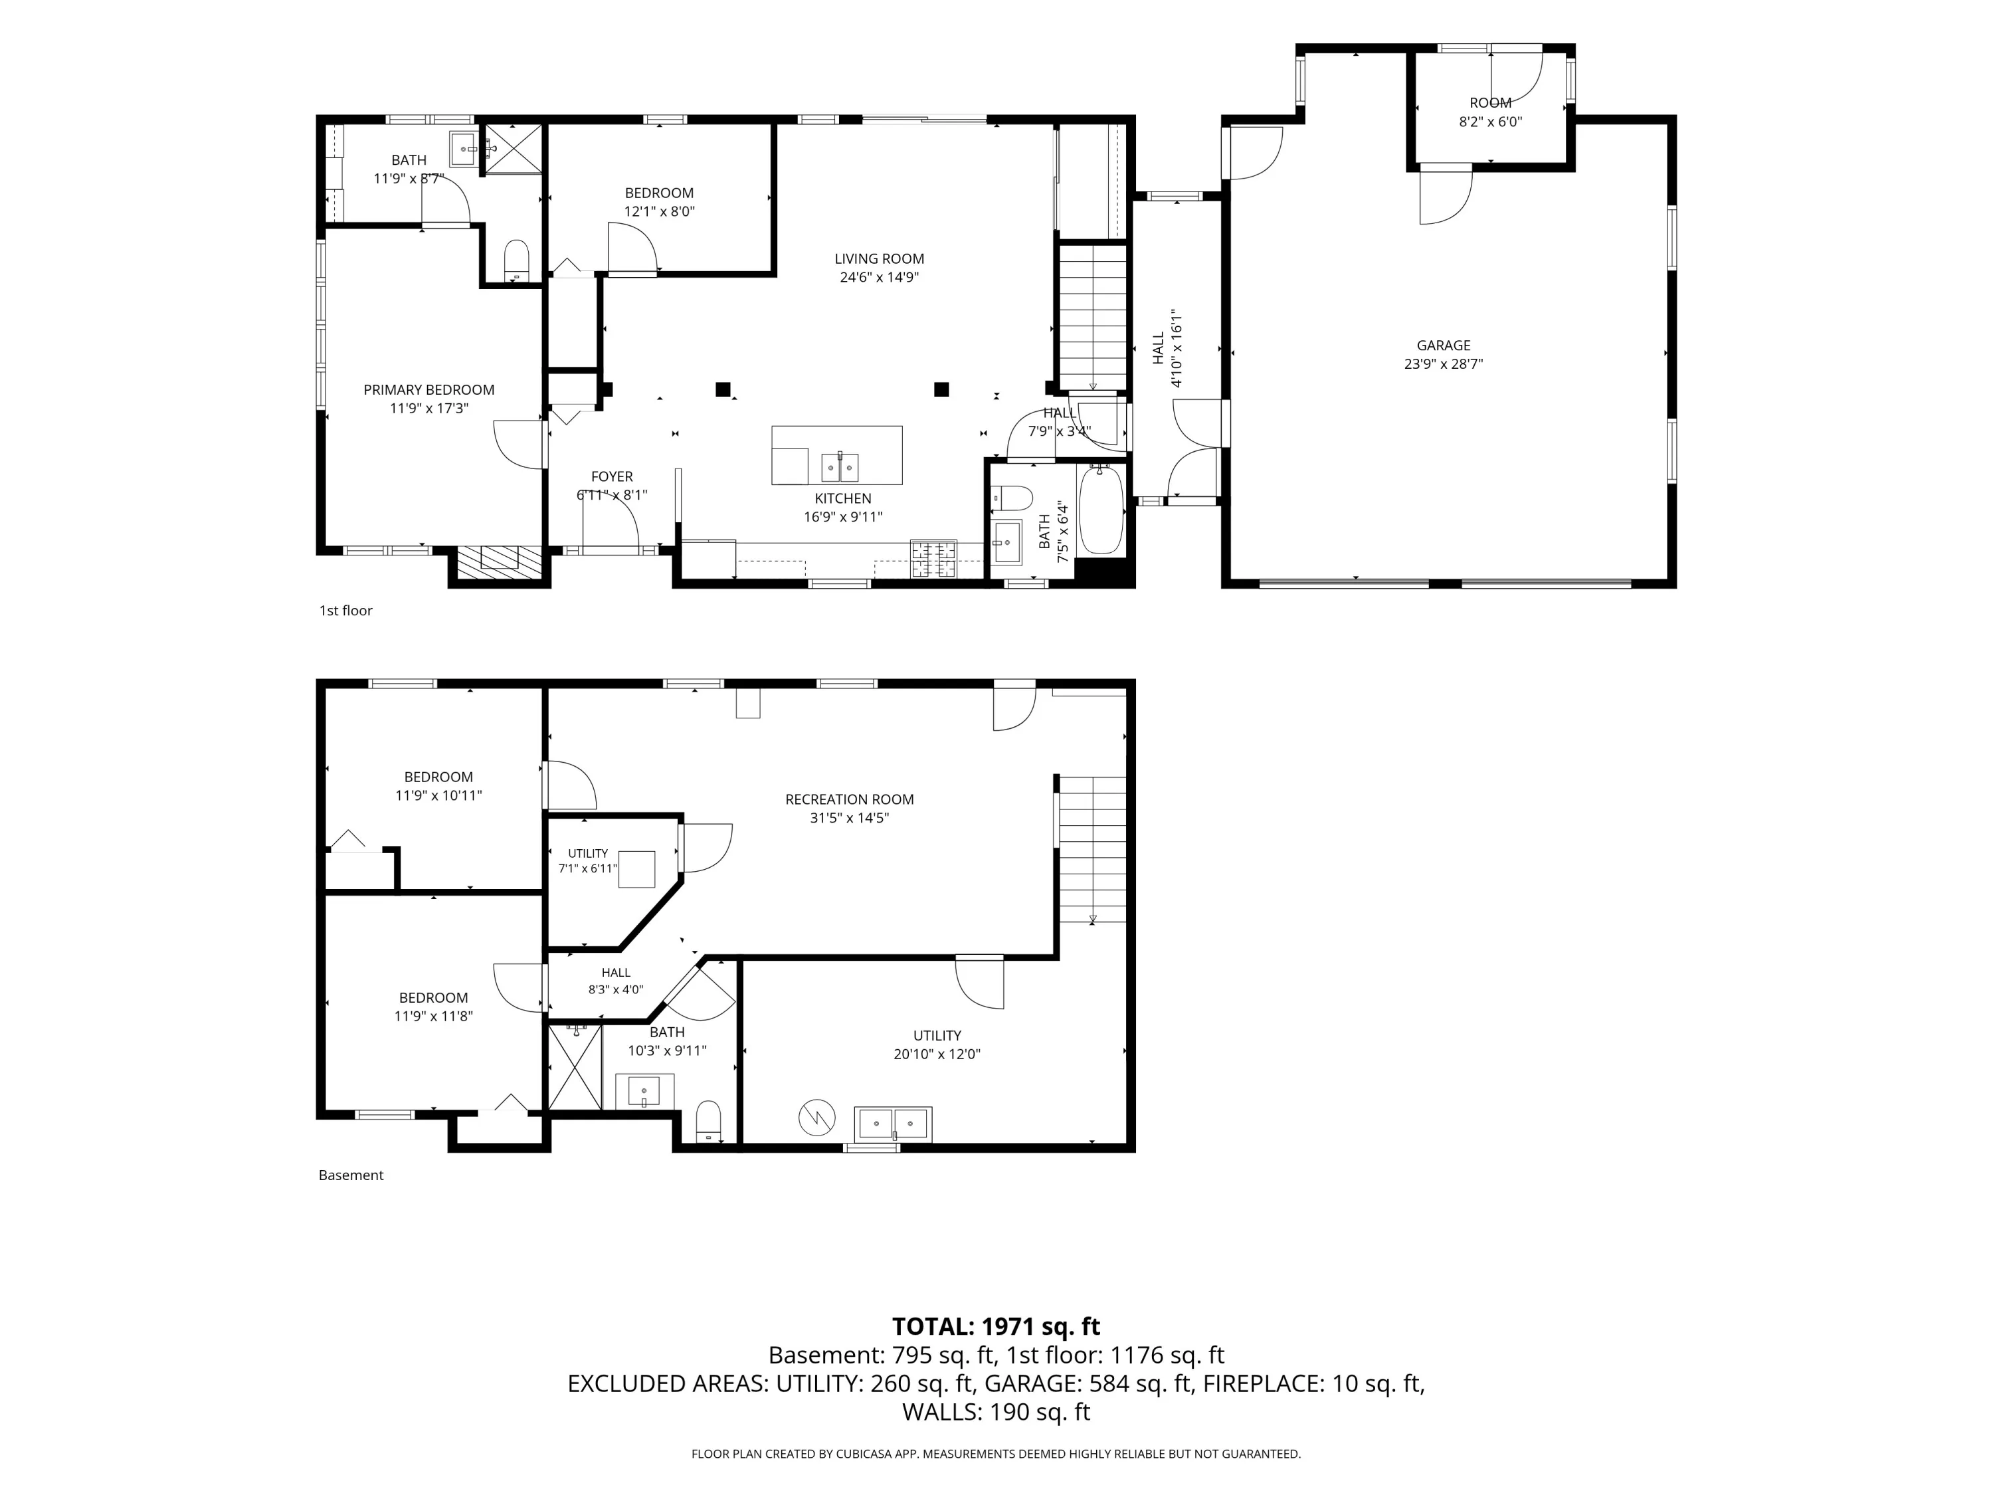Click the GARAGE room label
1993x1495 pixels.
coord(1444,345)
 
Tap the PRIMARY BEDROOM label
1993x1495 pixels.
coord(429,389)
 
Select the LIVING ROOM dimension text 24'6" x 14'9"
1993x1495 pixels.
coord(880,278)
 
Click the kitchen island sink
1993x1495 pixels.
coord(840,468)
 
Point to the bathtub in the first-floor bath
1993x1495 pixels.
coord(1101,510)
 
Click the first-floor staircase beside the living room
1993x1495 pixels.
coord(1092,317)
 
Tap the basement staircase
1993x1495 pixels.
coord(1092,849)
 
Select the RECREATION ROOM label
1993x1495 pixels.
coord(850,799)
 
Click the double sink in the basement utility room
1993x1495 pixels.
coord(893,1124)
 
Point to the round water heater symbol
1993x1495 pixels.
coord(816,1119)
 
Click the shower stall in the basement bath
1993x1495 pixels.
coord(575,1068)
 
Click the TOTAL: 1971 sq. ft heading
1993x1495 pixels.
coord(996,1326)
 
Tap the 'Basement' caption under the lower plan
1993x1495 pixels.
coord(351,1175)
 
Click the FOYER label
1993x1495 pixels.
coord(612,476)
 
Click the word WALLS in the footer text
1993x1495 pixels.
coord(939,1412)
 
